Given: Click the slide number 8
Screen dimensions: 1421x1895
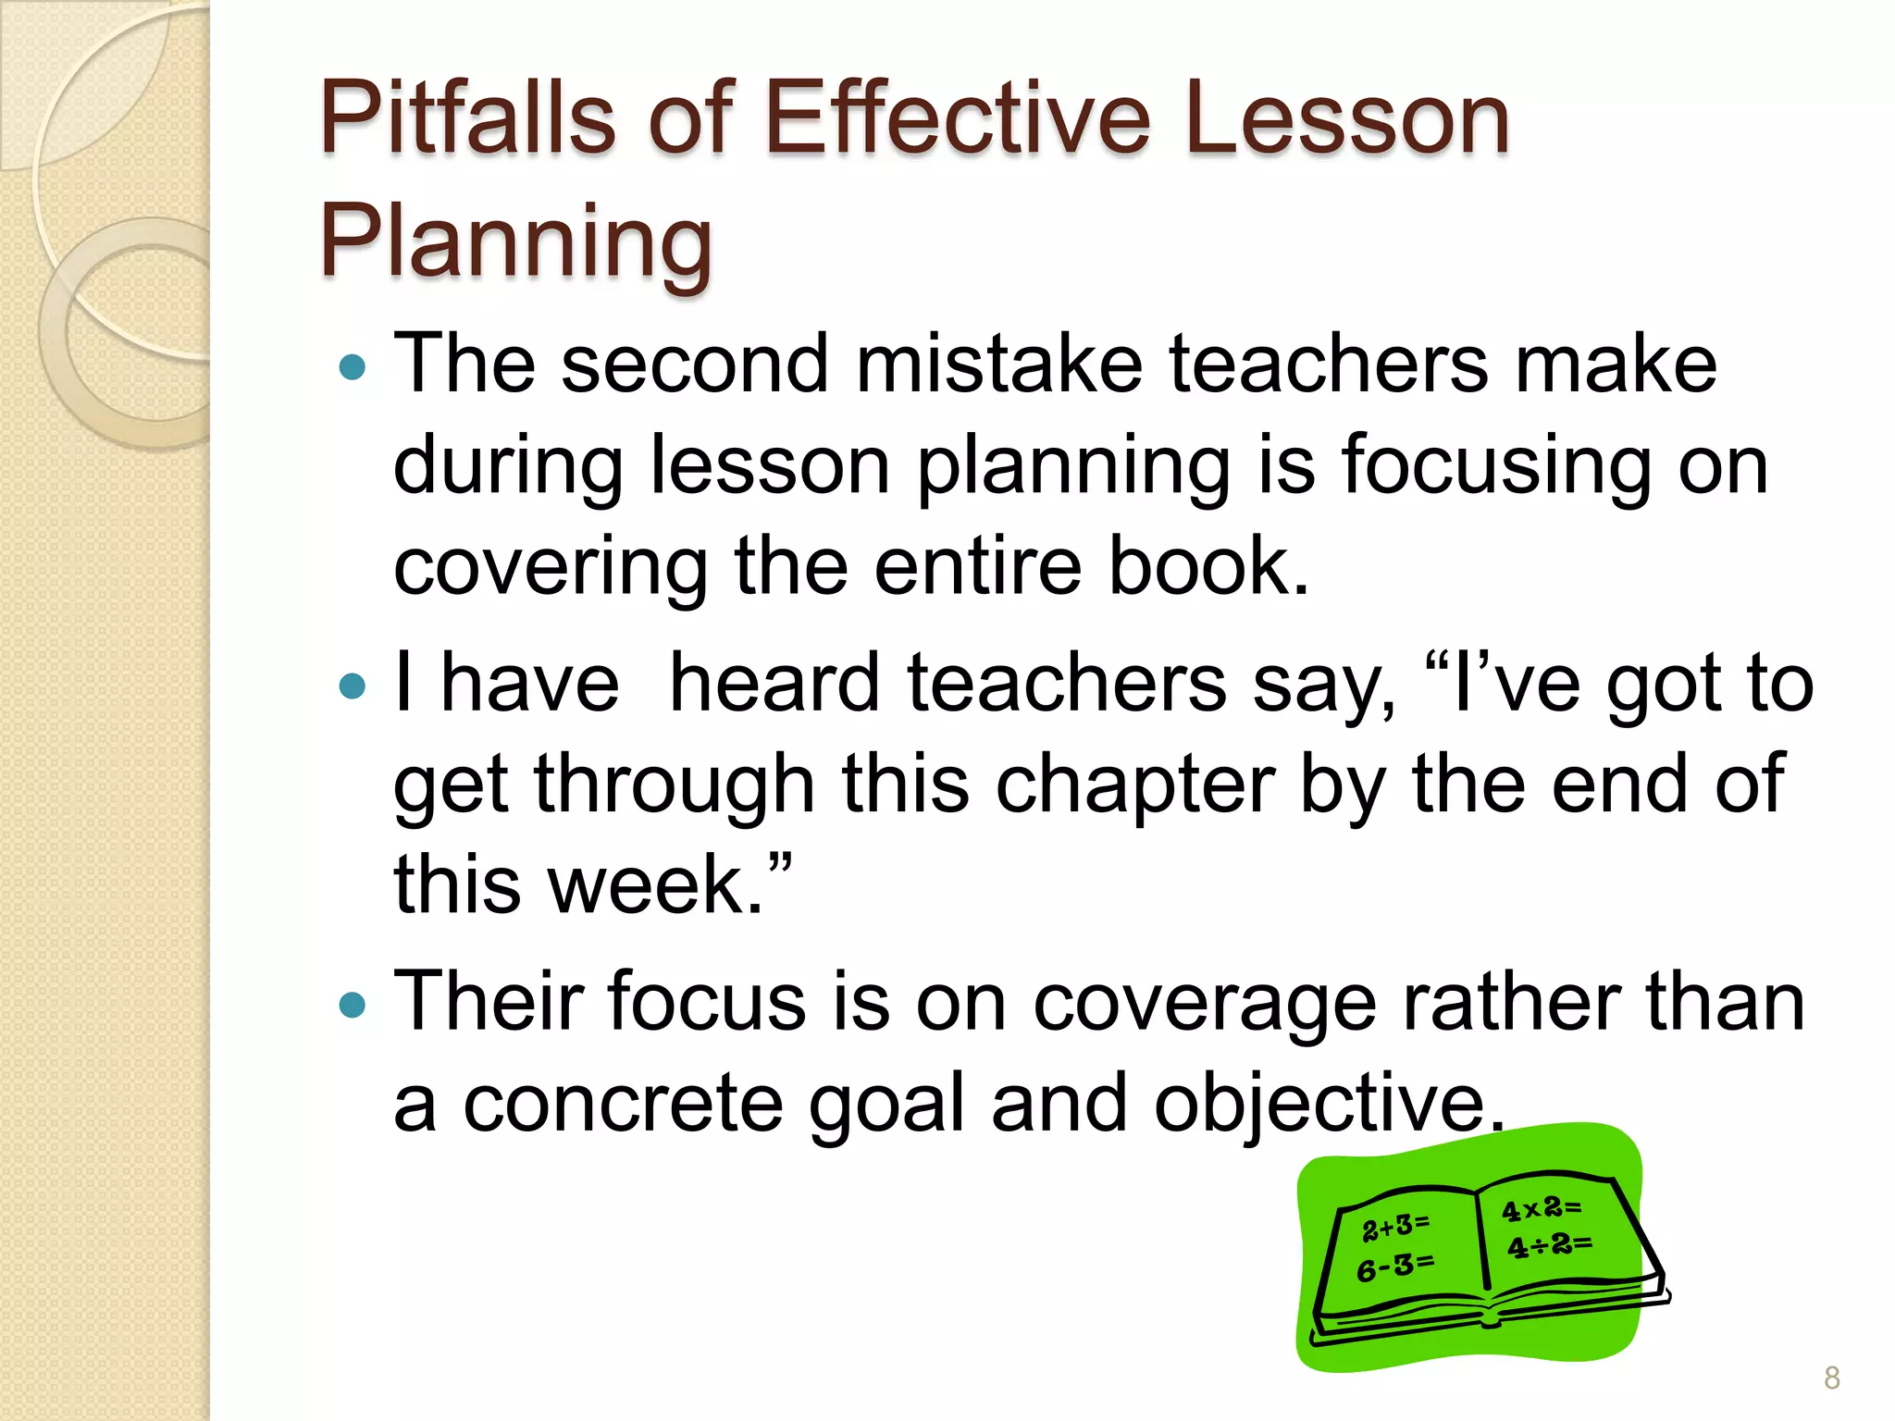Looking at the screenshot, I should tap(1831, 1378).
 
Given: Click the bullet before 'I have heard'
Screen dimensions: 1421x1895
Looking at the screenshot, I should tap(353, 686).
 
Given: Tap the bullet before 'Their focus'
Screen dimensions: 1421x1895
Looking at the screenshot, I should tap(353, 1005).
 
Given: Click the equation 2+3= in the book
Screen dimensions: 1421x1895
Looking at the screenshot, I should tap(1395, 1227).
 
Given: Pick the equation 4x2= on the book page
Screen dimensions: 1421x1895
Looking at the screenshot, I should tap(1542, 1208).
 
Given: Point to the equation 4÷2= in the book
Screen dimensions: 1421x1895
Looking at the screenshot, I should tap(1549, 1245).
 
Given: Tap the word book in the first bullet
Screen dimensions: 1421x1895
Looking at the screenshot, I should tap(1208, 565).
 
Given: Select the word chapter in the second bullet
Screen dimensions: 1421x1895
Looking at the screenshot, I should tap(1135, 784).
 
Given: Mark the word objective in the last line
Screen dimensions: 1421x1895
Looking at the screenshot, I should tap(1328, 1103).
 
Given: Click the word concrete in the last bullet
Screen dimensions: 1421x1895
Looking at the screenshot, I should tap(623, 1103).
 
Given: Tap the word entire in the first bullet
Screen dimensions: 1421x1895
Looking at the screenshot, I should tap(978, 565).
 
